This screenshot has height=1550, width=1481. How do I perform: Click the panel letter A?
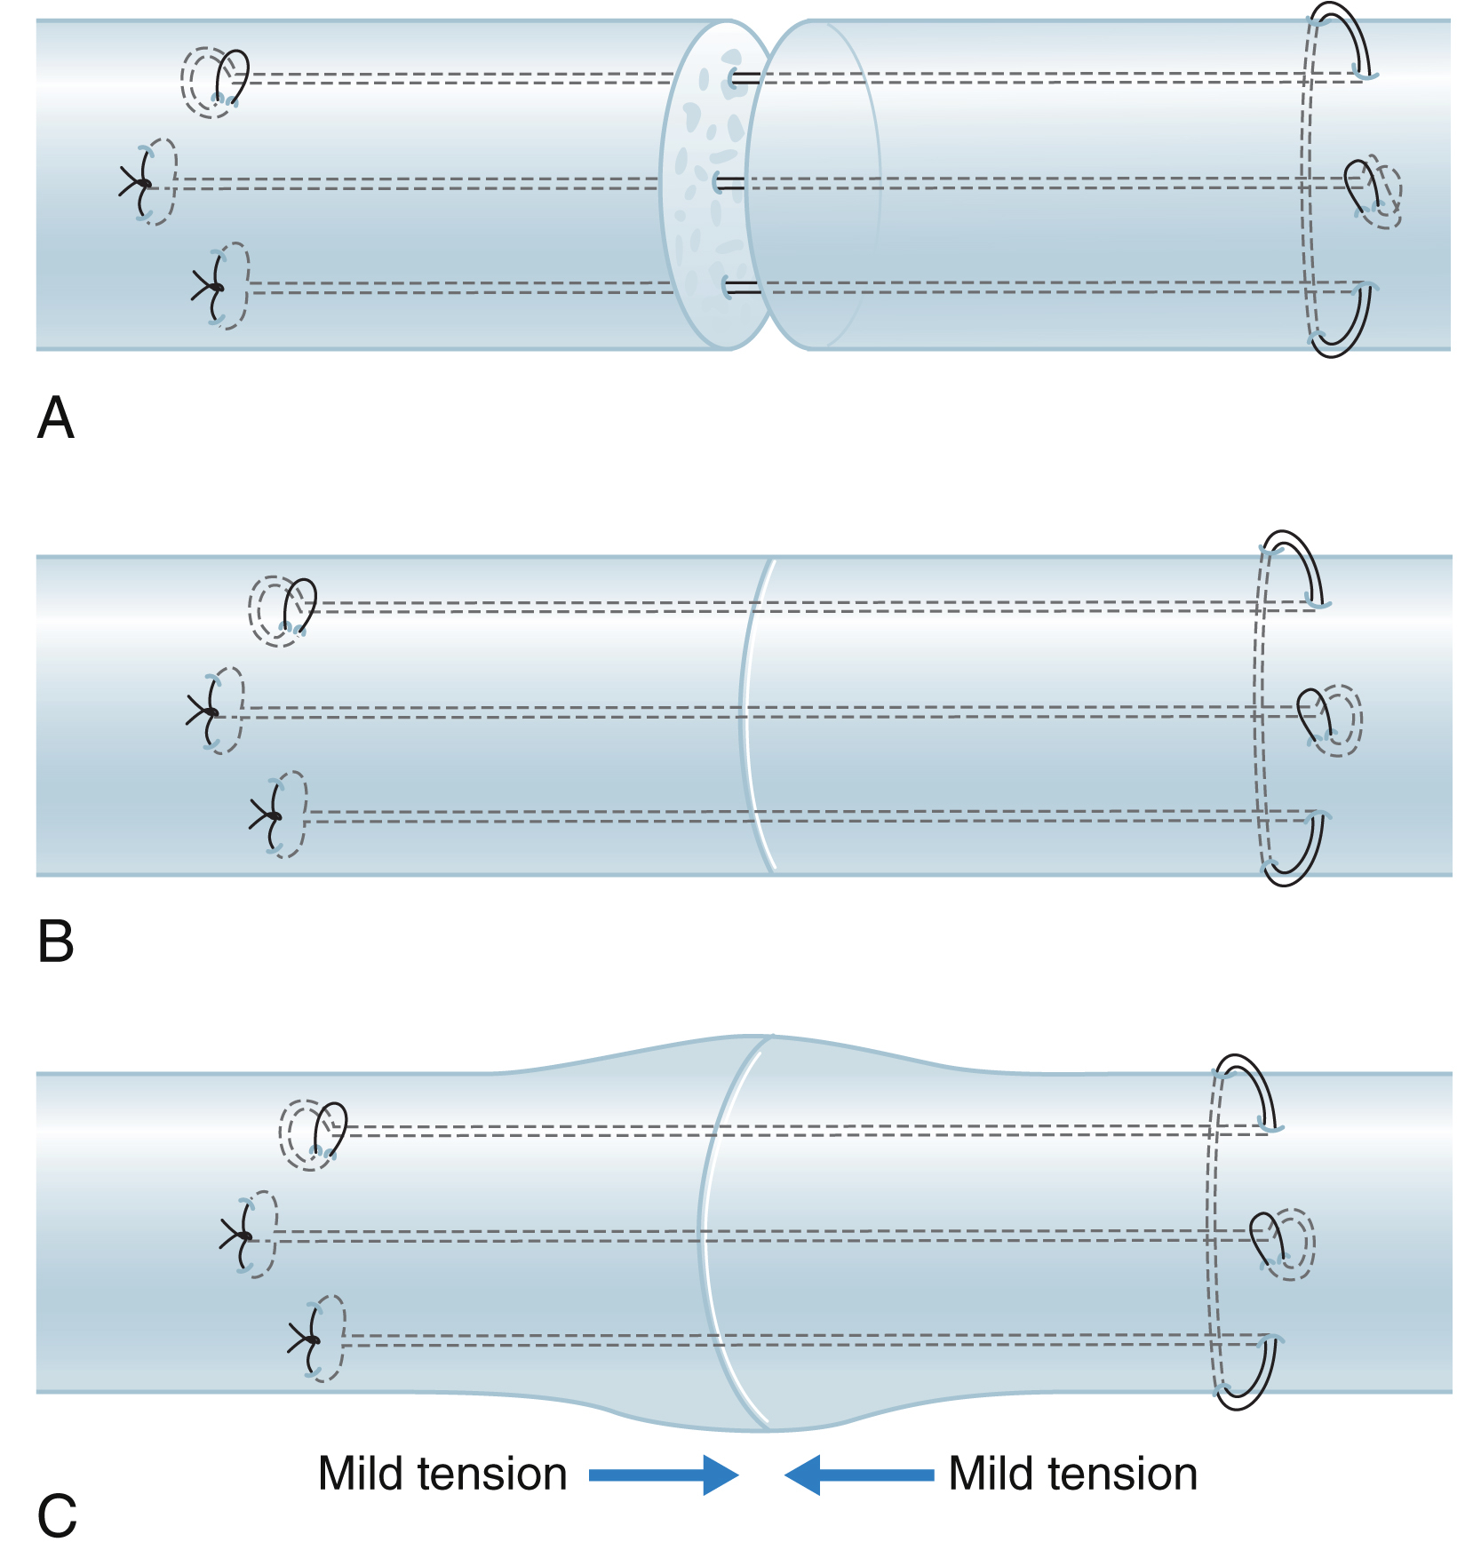(55, 417)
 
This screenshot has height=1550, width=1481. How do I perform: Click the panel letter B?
(55, 942)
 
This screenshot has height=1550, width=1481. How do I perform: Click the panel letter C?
(57, 1515)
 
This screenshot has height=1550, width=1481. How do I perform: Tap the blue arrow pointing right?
(663, 1474)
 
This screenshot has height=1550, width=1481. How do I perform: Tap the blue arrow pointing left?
(859, 1474)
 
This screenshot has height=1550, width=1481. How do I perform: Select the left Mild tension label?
(442, 1474)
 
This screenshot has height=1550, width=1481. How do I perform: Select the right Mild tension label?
(1072, 1474)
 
